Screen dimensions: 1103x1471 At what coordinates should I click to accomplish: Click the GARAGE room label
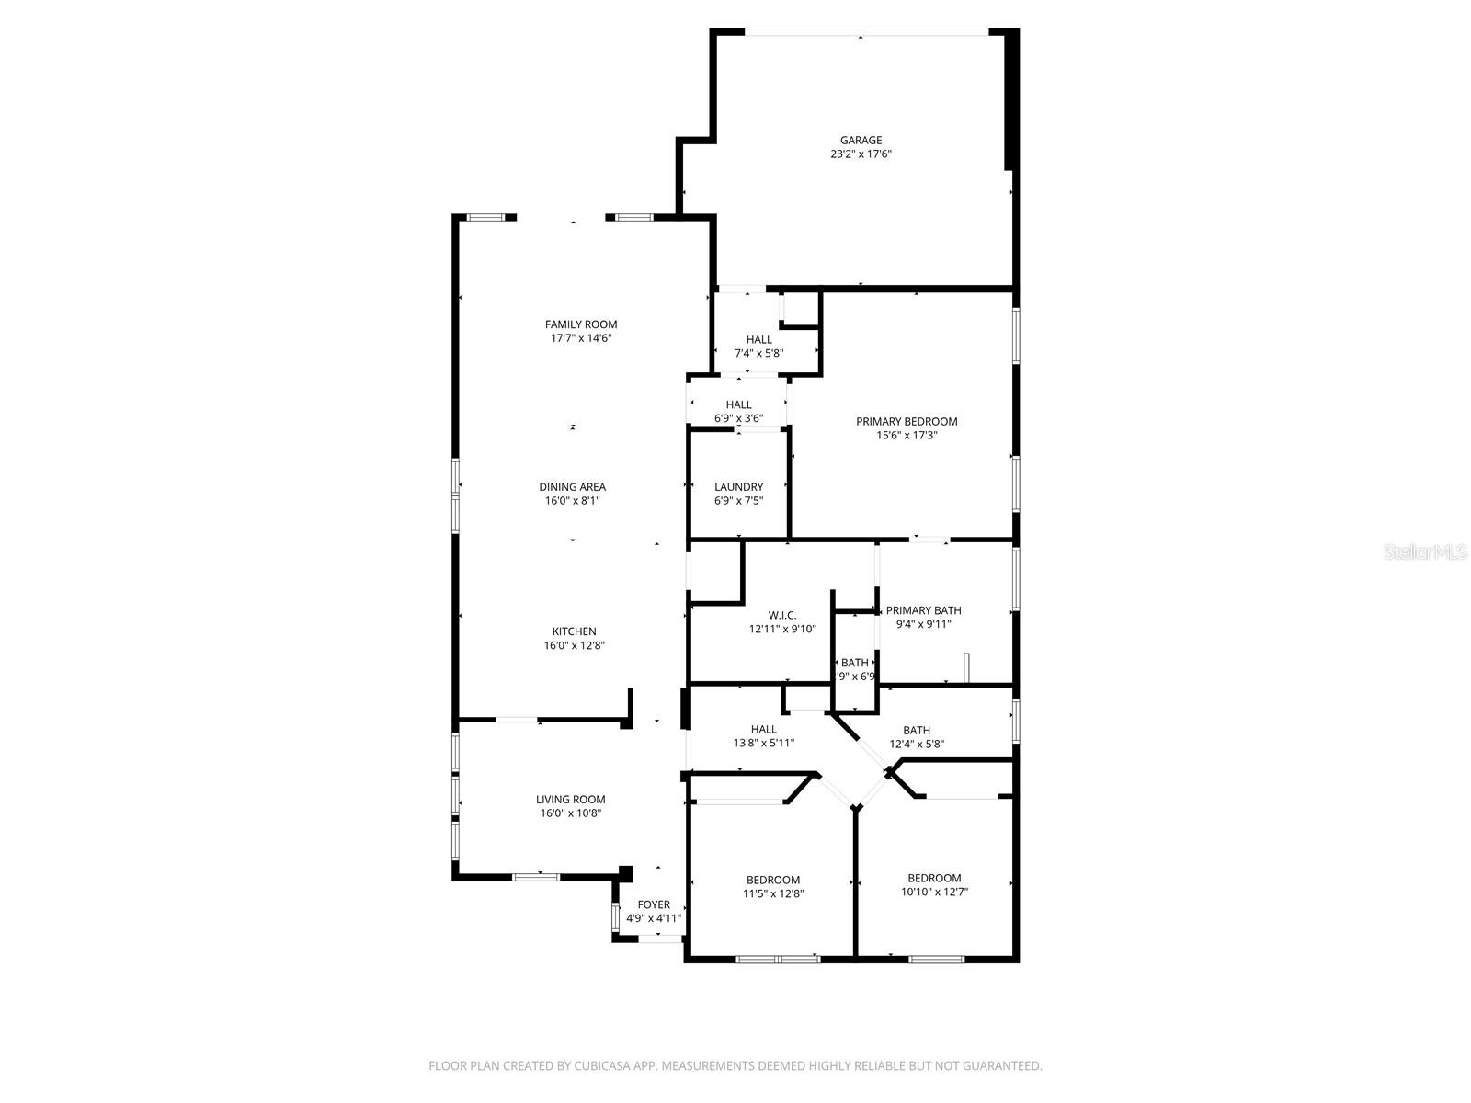(861, 141)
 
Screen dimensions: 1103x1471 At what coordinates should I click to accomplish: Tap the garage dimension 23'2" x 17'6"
(861, 154)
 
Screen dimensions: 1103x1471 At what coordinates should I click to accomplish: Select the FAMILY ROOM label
(581, 324)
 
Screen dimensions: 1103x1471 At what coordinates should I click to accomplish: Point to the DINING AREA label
(572, 487)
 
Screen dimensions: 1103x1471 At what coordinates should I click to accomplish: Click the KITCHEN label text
(574, 631)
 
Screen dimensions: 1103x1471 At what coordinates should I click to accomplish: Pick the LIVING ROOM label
(571, 800)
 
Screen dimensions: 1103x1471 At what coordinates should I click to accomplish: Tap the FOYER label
(654, 904)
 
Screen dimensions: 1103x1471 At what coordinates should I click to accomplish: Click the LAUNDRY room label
(738, 487)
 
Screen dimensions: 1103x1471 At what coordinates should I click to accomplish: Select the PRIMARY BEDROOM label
(907, 422)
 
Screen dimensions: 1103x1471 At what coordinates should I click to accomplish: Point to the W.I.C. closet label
(782, 616)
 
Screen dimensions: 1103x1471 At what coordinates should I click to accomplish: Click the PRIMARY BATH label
(923, 610)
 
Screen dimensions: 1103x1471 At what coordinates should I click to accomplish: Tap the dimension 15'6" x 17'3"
(907, 436)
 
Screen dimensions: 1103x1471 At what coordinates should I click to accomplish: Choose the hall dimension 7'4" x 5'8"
(759, 353)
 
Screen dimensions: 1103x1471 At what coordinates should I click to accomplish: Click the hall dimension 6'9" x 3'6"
(738, 418)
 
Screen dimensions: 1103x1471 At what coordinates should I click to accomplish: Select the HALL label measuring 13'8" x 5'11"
(763, 730)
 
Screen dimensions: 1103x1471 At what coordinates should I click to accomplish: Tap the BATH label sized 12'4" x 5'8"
(917, 731)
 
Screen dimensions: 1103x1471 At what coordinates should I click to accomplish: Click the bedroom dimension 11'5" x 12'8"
(773, 893)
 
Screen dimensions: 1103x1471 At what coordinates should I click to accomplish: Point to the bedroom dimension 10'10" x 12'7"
(934, 892)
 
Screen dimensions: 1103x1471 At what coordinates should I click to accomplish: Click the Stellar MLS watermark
(1425, 552)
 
